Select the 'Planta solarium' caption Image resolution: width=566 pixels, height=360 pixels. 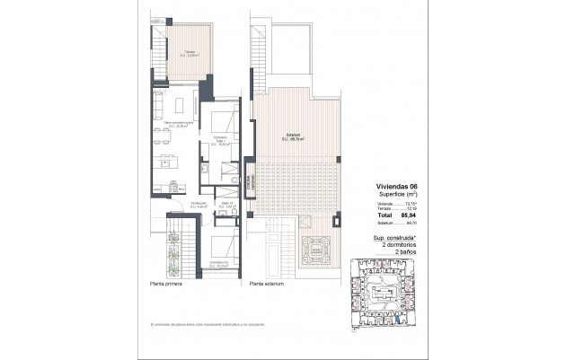267,284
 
